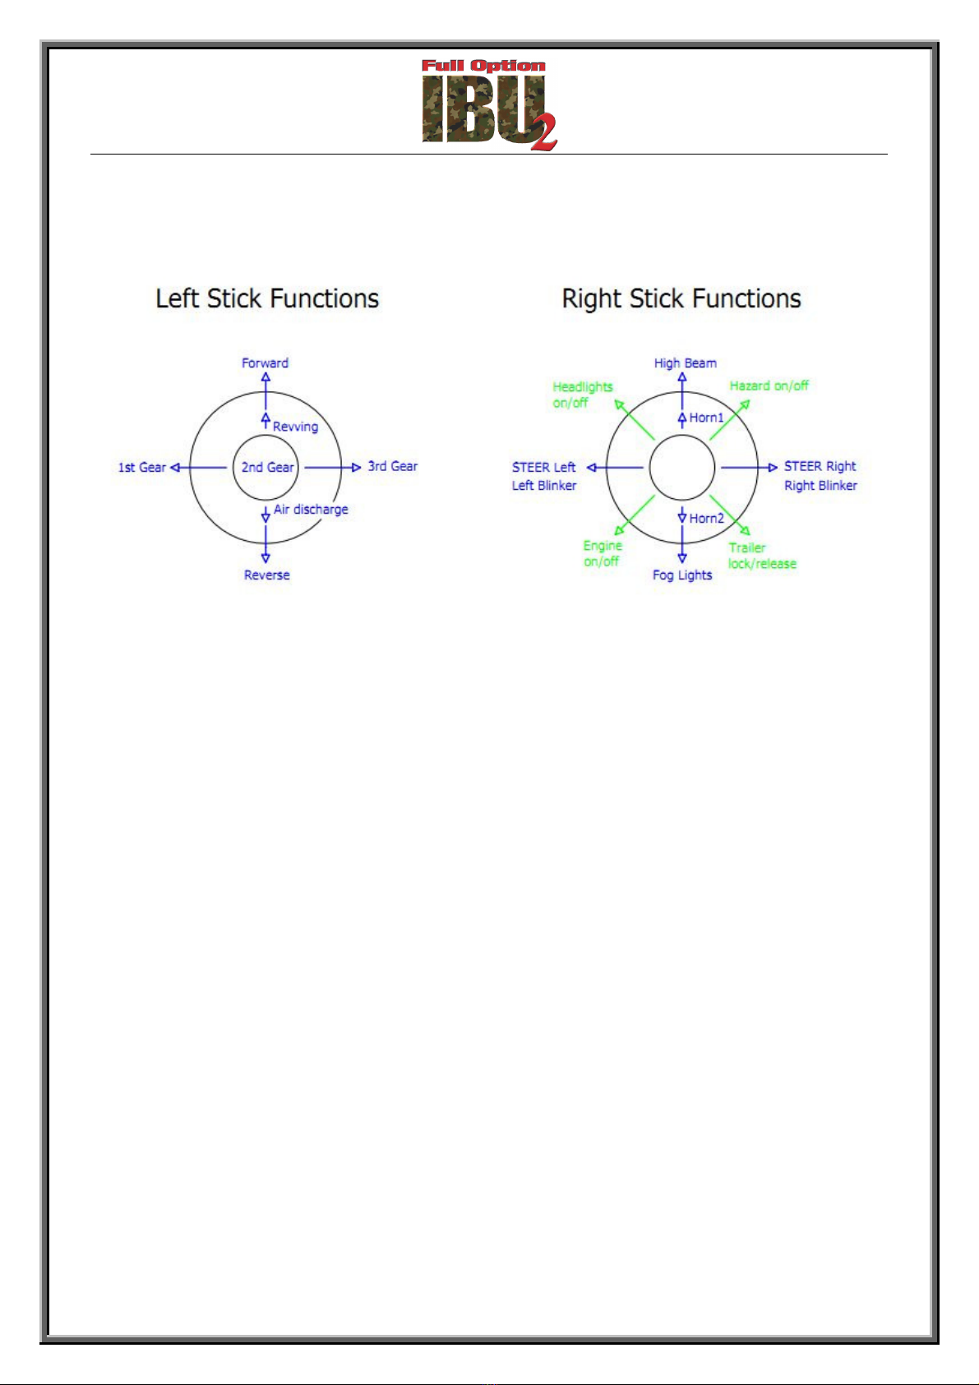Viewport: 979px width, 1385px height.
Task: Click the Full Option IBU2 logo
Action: pyautogui.click(x=489, y=104)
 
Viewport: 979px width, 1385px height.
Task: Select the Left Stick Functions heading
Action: pyautogui.click(x=267, y=298)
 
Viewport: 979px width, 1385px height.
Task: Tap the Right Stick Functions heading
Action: pyautogui.click(x=681, y=298)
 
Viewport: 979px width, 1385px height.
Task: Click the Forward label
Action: pyautogui.click(x=265, y=362)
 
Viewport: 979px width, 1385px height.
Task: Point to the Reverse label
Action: pyautogui.click(x=266, y=575)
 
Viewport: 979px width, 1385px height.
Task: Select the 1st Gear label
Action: pyautogui.click(x=142, y=467)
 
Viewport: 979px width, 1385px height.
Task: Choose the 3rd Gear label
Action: pyautogui.click(x=392, y=466)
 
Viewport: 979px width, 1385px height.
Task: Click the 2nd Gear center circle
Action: pyautogui.click(x=267, y=467)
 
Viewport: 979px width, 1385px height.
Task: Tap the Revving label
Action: pyautogui.click(x=295, y=426)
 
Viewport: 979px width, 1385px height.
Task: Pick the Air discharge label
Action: pyautogui.click(x=311, y=510)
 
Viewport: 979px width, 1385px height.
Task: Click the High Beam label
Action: pyautogui.click(x=685, y=362)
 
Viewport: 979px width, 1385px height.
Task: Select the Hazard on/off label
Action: pyautogui.click(x=769, y=385)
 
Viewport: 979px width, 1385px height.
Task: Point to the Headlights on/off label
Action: pyautogui.click(x=582, y=395)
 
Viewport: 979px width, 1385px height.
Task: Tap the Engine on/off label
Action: pyautogui.click(x=603, y=553)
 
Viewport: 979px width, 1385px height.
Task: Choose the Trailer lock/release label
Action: pyautogui.click(x=761, y=556)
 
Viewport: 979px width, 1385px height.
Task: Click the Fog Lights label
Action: pyautogui.click(x=682, y=575)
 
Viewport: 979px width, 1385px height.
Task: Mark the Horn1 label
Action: pyautogui.click(x=706, y=418)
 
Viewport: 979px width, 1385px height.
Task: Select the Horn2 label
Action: pyautogui.click(x=706, y=518)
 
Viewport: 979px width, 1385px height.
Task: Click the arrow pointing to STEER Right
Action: pyautogui.click(x=749, y=468)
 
